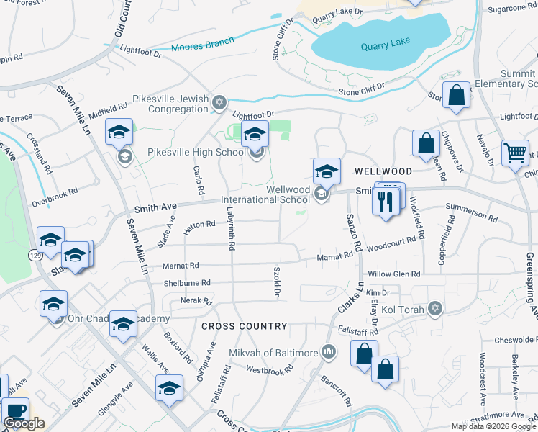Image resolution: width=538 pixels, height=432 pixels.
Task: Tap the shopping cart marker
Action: pyautogui.click(x=515, y=153)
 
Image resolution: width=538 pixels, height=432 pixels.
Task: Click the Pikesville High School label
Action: pyautogui.click(x=196, y=152)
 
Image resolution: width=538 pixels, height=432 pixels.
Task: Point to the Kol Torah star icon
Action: pyautogui.click(x=434, y=308)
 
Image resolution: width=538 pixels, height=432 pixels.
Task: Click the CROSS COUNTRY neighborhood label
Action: pyautogui.click(x=244, y=326)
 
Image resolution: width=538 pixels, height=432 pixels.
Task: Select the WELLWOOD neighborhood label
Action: pyautogui.click(x=383, y=171)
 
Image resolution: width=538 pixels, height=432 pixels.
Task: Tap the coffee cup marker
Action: pyautogui.click(x=15, y=411)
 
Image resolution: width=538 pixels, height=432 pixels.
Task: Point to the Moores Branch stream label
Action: pyautogui.click(x=198, y=49)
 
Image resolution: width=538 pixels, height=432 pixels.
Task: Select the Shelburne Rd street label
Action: pyautogui.click(x=186, y=283)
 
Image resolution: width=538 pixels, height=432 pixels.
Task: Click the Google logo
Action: pyautogui.click(x=24, y=423)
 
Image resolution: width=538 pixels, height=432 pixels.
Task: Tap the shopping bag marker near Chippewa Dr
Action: pyautogui.click(x=426, y=143)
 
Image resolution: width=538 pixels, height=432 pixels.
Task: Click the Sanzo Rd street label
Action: pyautogui.click(x=352, y=233)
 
